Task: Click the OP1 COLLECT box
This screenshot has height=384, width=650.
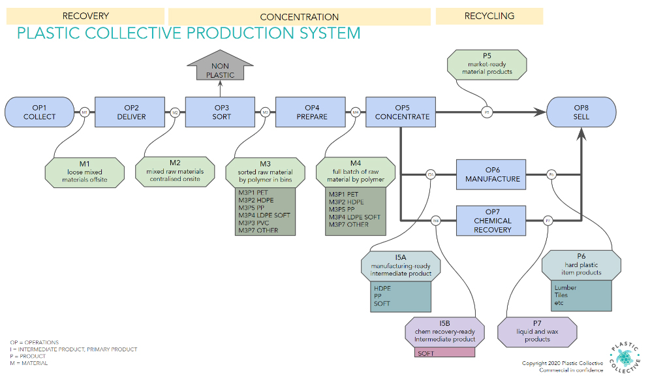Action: (40, 112)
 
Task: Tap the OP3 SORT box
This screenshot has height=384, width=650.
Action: (222, 112)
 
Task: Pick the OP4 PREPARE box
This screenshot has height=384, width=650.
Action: (312, 112)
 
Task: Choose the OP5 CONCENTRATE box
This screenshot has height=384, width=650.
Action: (402, 112)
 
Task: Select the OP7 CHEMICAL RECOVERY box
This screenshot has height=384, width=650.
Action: (493, 221)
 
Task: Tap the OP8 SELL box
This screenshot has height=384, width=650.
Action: (581, 112)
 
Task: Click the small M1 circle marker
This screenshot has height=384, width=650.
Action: (85, 112)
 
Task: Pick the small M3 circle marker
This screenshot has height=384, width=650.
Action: (265, 112)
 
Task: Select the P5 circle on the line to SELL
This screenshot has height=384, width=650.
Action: (487, 112)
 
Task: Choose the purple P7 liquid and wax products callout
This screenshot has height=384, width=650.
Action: (537, 331)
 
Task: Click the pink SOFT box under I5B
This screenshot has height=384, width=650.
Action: (444, 353)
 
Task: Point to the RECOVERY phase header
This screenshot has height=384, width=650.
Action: (85, 16)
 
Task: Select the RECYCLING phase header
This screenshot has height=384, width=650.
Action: (489, 16)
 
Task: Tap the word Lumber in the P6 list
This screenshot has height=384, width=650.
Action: (565, 287)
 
